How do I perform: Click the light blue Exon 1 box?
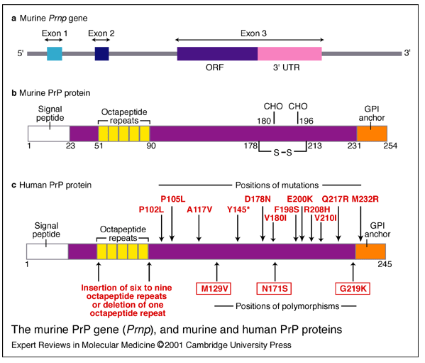click(x=55, y=53)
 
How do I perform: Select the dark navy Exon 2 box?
click(x=102, y=53)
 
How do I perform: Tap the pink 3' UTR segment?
click(x=289, y=53)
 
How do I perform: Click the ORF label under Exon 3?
click(x=215, y=67)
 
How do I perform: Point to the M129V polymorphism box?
click(x=214, y=288)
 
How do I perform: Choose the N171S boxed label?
click(x=275, y=288)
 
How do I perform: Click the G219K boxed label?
click(x=353, y=288)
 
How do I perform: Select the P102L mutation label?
click(x=151, y=210)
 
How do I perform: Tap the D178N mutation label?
click(x=258, y=200)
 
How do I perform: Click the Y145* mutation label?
click(x=238, y=210)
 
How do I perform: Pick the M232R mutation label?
click(x=365, y=200)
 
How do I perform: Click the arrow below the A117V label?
click(x=199, y=228)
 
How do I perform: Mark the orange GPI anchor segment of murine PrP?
click(x=372, y=134)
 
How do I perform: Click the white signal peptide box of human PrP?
click(x=48, y=251)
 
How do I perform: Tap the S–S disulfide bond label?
click(x=282, y=153)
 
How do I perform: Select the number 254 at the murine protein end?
click(x=390, y=146)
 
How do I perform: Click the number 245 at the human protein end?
click(x=385, y=264)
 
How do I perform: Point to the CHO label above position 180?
click(x=273, y=107)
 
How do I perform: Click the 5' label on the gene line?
click(x=21, y=53)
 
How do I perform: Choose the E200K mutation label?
click(x=300, y=200)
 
